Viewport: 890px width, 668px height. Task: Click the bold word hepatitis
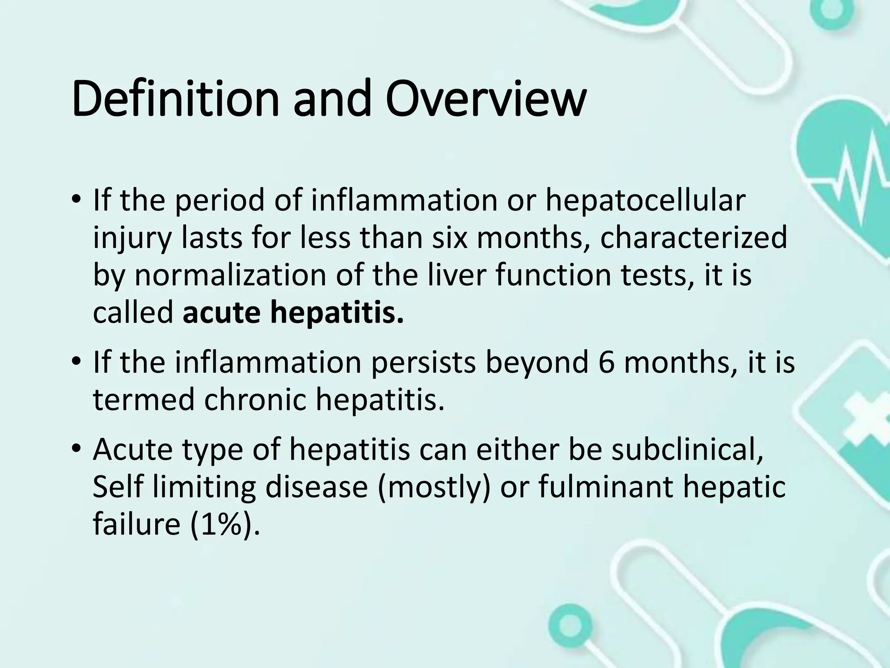(x=337, y=312)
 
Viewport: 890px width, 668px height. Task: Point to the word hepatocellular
(x=645, y=201)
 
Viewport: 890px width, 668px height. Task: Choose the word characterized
(x=694, y=238)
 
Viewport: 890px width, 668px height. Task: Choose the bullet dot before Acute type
(x=76, y=450)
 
